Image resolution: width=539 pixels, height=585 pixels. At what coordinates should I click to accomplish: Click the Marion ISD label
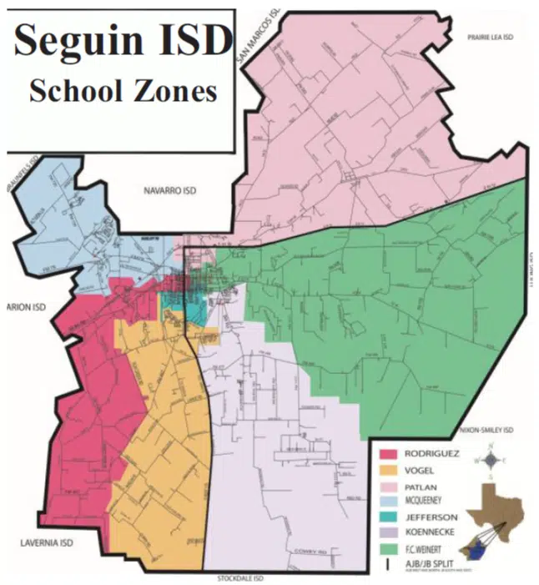click(x=23, y=307)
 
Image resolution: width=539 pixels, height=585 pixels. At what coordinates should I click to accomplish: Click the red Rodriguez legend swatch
click(x=388, y=455)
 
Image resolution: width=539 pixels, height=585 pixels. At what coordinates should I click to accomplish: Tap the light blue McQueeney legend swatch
click(x=388, y=502)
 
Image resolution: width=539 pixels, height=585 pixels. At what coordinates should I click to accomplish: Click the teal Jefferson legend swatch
click(x=388, y=517)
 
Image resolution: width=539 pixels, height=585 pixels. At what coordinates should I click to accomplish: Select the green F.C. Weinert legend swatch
click(x=388, y=549)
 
